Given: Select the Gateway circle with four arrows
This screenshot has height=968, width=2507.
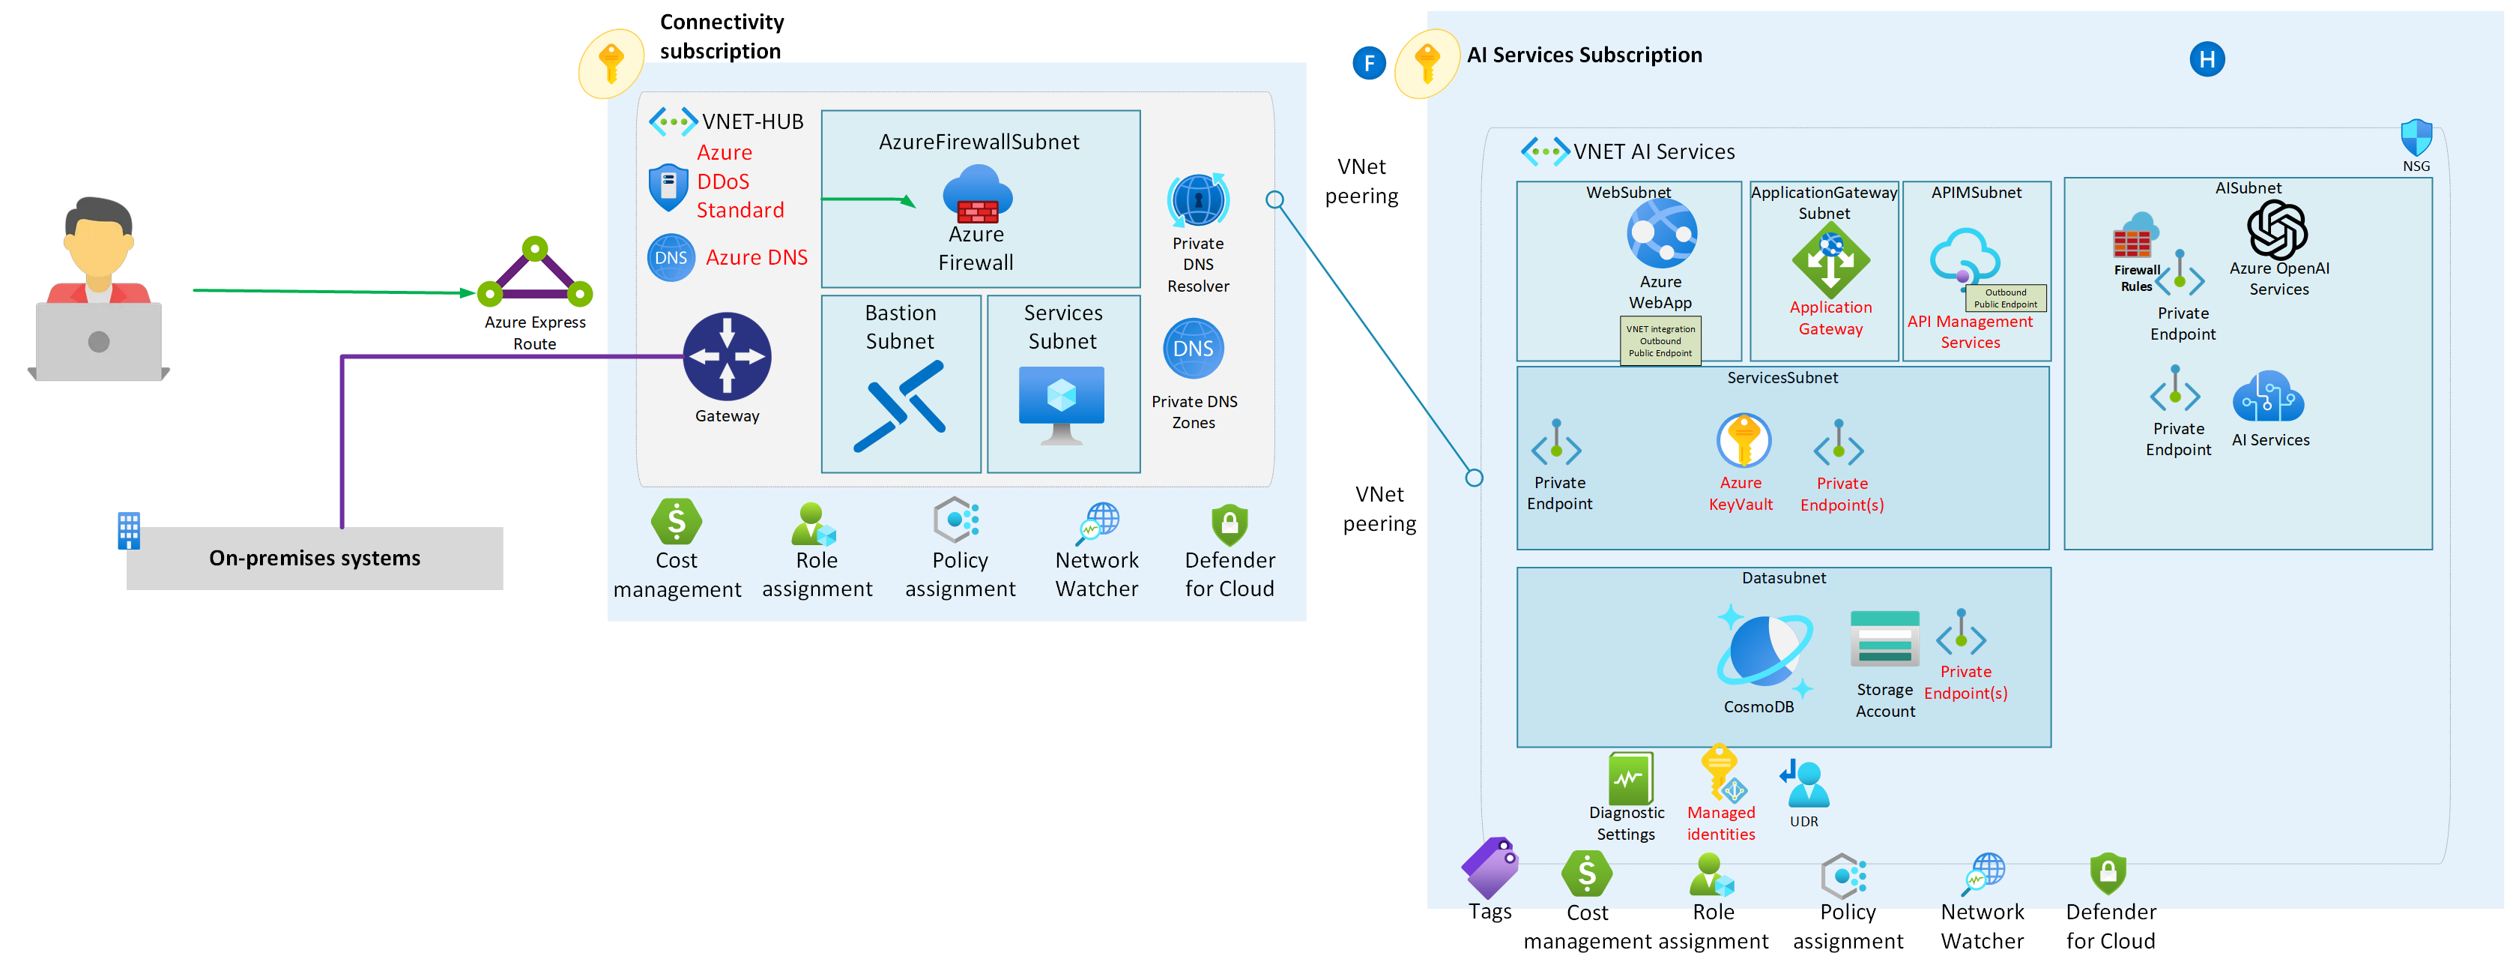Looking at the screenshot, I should (727, 356).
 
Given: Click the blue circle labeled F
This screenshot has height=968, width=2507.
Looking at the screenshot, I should (1368, 63).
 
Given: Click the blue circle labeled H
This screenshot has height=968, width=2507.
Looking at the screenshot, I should (2207, 59).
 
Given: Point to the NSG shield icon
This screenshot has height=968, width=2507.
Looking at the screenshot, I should (2416, 137).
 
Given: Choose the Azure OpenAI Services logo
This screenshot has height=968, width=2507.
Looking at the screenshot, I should (2276, 230).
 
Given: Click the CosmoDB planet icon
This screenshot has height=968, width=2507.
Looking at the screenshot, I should (1764, 649).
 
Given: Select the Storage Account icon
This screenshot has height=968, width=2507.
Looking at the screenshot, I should (1884, 639).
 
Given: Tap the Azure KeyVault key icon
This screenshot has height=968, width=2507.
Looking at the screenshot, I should (1742, 441).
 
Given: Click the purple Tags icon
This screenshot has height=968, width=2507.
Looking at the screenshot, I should (1490, 868).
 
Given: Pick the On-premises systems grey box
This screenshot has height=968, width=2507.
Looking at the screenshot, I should (315, 558).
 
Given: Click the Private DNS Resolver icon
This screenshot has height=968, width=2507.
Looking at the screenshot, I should (1197, 202).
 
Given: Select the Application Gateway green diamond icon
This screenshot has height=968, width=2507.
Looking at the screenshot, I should (1830, 260).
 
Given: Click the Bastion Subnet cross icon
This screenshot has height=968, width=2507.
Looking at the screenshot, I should (899, 406).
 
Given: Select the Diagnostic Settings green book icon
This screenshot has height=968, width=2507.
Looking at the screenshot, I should (1630, 778).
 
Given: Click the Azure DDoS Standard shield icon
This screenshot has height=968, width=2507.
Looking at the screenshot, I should (668, 187).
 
